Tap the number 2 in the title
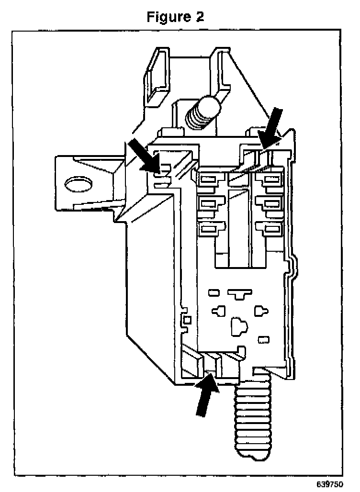point(199,17)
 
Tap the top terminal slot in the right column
point(271,180)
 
